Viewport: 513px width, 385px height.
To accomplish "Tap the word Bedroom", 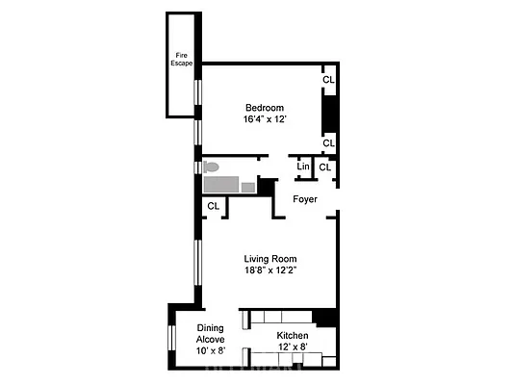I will click(x=264, y=107).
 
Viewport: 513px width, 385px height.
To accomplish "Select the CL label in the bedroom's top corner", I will click(x=328, y=80).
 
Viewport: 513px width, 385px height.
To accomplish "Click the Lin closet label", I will click(x=303, y=167).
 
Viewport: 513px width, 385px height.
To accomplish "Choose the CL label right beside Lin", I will click(x=325, y=167).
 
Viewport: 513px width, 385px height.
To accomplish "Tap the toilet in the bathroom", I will click(x=211, y=167).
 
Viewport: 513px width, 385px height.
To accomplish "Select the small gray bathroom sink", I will click(x=247, y=187).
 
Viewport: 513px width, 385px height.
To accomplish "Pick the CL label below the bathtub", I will click(x=213, y=206).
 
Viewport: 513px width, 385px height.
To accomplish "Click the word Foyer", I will click(x=305, y=199).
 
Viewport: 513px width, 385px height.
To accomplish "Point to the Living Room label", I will click(x=269, y=259).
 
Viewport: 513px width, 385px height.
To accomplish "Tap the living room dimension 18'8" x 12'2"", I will click(x=269, y=271).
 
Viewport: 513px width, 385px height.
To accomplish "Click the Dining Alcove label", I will click(x=210, y=333).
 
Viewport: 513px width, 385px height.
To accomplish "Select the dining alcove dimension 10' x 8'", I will click(x=210, y=352).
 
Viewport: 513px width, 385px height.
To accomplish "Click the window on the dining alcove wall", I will click(x=170, y=342).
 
